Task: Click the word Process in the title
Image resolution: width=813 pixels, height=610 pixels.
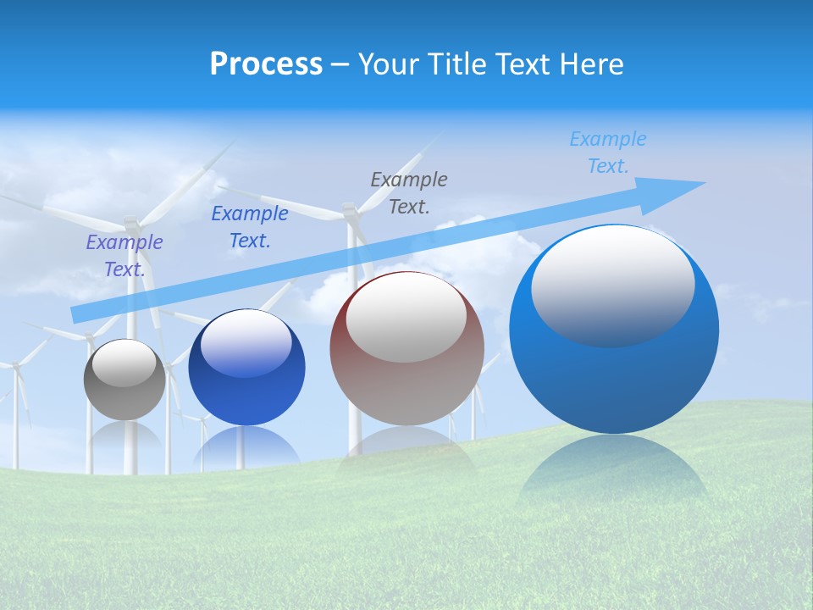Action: point(266,64)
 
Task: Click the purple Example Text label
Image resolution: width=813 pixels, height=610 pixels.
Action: point(124,256)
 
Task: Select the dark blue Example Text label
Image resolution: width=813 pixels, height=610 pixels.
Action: point(250,227)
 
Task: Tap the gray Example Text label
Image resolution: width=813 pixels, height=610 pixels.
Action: point(409,192)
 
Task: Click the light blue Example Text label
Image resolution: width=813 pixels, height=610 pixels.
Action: point(608,152)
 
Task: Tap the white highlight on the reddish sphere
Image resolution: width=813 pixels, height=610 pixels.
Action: point(406,318)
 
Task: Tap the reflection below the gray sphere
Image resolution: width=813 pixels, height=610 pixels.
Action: point(124,436)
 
